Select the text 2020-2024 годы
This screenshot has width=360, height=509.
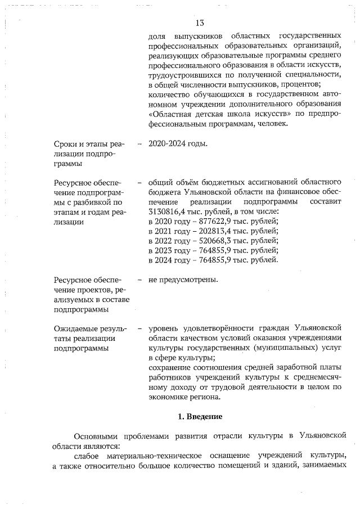click(x=178, y=143)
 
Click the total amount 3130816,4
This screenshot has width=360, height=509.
click(x=168, y=211)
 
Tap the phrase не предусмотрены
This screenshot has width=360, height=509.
click(x=183, y=280)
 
